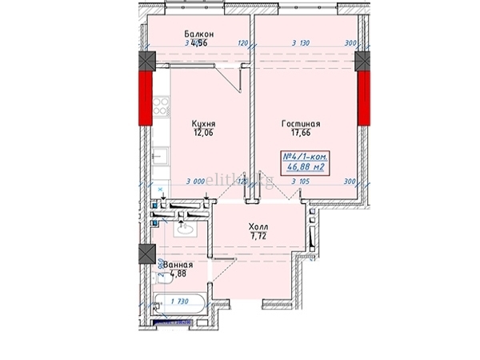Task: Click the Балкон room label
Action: (198, 34)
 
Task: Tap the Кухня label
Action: (203, 124)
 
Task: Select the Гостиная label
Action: (301, 124)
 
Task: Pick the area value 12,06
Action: (203, 134)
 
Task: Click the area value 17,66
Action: (301, 134)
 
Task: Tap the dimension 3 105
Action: (301, 182)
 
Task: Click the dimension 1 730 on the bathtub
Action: (180, 302)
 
